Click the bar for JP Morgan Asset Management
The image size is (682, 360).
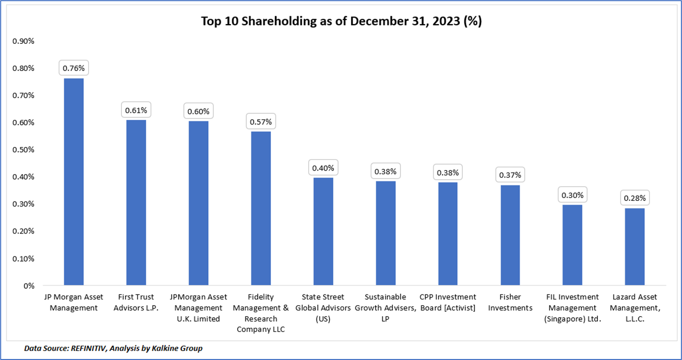[x=74, y=182]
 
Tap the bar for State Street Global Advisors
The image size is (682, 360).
[x=323, y=232]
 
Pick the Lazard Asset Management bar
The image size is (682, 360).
[x=635, y=247]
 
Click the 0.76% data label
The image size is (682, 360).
[x=74, y=67]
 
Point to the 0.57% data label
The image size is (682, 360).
[x=260, y=121]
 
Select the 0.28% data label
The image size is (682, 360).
[x=635, y=198]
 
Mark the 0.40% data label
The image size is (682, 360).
[x=323, y=168]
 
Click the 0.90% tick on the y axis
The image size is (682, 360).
[x=23, y=41]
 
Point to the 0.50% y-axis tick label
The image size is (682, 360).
[x=23, y=150]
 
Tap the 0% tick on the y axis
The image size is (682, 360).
[x=28, y=286]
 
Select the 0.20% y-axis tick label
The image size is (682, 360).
[x=23, y=232]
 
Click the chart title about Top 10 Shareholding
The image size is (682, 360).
[x=341, y=22]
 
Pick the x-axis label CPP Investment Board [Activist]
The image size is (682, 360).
[x=448, y=302]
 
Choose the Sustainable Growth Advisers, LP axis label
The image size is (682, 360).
[x=385, y=308]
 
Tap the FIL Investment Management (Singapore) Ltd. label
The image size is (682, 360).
[x=572, y=308]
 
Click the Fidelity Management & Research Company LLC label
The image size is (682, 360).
[x=260, y=313]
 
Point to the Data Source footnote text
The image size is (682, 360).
[x=113, y=348]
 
